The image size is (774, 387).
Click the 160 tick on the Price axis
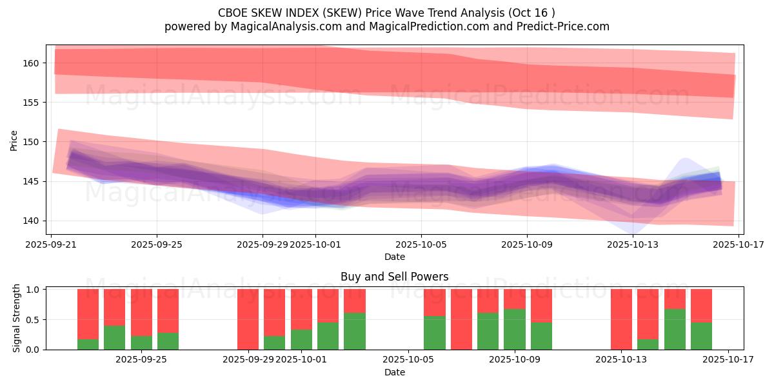(32, 63)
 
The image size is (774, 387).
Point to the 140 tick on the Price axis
(32, 221)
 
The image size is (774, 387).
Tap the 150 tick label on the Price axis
(32, 142)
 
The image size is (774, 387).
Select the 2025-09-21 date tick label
(51, 244)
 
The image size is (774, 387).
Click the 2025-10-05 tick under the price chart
(421, 244)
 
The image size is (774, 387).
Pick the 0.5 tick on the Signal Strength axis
(33, 319)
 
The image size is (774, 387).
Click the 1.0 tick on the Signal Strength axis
(33, 290)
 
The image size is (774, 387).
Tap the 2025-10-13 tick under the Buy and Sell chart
(622, 360)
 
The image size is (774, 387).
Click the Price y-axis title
(14, 140)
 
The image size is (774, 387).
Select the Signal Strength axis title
(17, 318)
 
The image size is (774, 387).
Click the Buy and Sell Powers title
(394, 277)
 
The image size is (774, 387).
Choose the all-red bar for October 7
(461, 319)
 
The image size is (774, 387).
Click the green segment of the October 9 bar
(515, 329)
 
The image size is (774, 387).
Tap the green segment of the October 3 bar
(355, 331)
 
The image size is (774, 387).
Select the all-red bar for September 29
(248, 319)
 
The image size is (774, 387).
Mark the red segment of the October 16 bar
(702, 305)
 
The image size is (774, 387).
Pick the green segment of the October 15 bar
(675, 329)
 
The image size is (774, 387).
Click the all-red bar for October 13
(622, 319)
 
